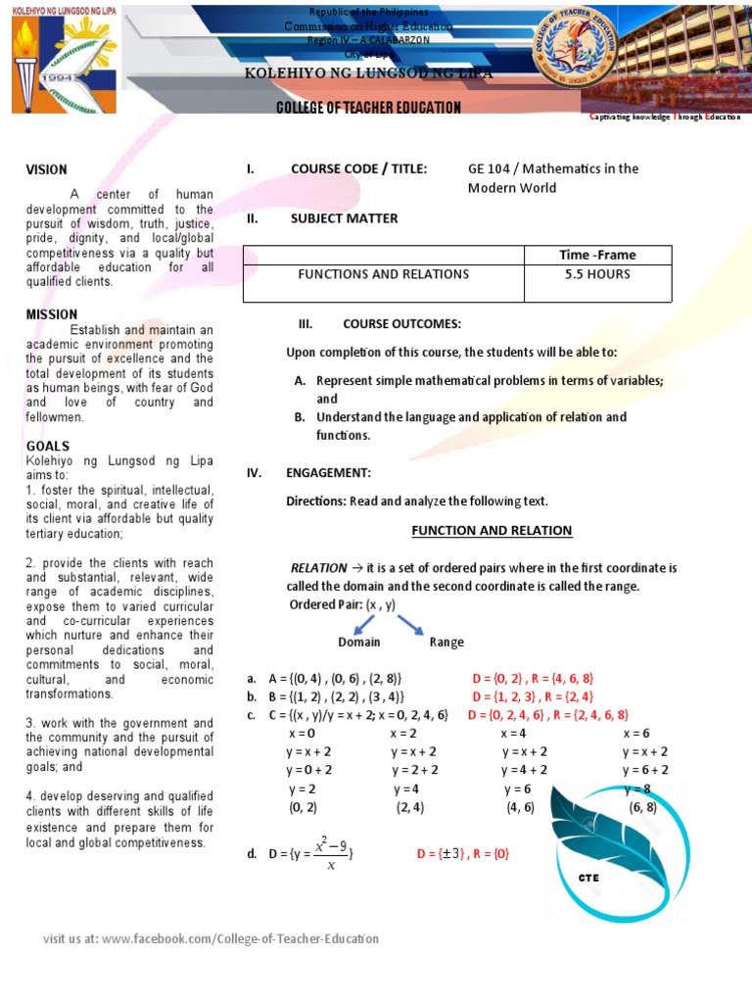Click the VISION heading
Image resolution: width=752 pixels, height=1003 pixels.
(x=46, y=169)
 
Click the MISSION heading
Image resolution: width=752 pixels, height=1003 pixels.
(x=52, y=314)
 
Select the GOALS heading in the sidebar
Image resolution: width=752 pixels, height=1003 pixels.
(x=47, y=446)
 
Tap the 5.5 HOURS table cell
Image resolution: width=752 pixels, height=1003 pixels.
(x=597, y=274)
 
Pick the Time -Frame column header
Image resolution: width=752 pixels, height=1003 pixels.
(x=597, y=255)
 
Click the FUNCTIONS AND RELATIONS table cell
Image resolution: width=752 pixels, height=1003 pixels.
(x=383, y=274)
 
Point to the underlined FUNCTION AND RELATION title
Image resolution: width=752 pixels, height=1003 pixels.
(x=492, y=531)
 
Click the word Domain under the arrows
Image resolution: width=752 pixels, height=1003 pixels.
(x=358, y=643)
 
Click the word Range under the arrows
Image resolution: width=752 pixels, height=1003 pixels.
(x=446, y=643)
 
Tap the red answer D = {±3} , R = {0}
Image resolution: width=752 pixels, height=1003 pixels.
(x=463, y=853)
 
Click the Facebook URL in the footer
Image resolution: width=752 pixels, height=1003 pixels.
(x=240, y=938)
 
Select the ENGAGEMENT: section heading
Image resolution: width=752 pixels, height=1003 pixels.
(x=328, y=473)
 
